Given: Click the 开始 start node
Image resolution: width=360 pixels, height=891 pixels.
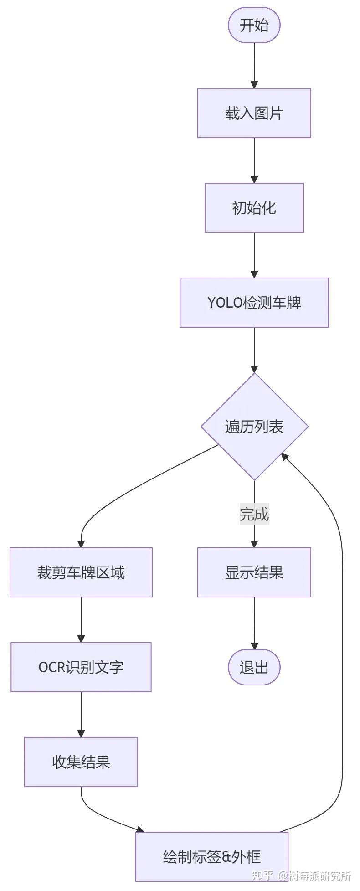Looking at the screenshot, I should pyautogui.click(x=254, y=25).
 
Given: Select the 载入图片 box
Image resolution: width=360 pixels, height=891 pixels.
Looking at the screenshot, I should pyautogui.click(x=254, y=113).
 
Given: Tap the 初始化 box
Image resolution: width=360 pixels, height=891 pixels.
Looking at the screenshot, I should pyautogui.click(x=254, y=208).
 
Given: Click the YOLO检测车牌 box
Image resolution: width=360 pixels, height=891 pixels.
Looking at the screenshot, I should pyautogui.click(x=254, y=303).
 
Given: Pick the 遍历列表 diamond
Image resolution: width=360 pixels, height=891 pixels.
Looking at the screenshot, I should pyautogui.click(x=254, y=427).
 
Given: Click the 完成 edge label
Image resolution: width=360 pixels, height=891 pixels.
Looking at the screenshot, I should pyautogui.click(x=254, y=514).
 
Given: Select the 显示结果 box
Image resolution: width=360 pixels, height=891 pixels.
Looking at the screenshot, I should pyautogui.click(x=254, y=572).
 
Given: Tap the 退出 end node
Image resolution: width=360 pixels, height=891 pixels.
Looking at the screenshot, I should pyautogui.click(x=254, y=667).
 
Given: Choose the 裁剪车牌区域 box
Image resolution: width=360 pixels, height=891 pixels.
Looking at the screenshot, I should pyautogui.click(x=81, y=572).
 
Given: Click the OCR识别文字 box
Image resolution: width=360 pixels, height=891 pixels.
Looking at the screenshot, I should pyautogui.click(x=81, y=667).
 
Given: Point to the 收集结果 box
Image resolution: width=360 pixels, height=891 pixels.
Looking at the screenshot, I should pyautogui.click(x=81, y=762).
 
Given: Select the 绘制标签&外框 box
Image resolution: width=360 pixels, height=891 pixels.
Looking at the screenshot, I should pyautogui.click(x=212, y=857).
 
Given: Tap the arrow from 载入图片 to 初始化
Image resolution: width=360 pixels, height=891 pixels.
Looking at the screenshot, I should pyautogui.click(x=254, y=160).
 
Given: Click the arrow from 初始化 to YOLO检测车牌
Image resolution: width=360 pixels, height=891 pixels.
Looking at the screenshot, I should pyautogui.click(x=254, y=255).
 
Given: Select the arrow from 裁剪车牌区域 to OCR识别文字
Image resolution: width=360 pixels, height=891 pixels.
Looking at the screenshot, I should pyautogui.click(x=81, y=619).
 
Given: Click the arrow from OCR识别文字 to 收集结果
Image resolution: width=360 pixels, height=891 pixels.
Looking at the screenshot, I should pyautogui.click(x=81, y=714).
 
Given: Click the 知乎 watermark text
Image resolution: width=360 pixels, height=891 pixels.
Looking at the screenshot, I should pyautogui.click(x=263, y=876).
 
